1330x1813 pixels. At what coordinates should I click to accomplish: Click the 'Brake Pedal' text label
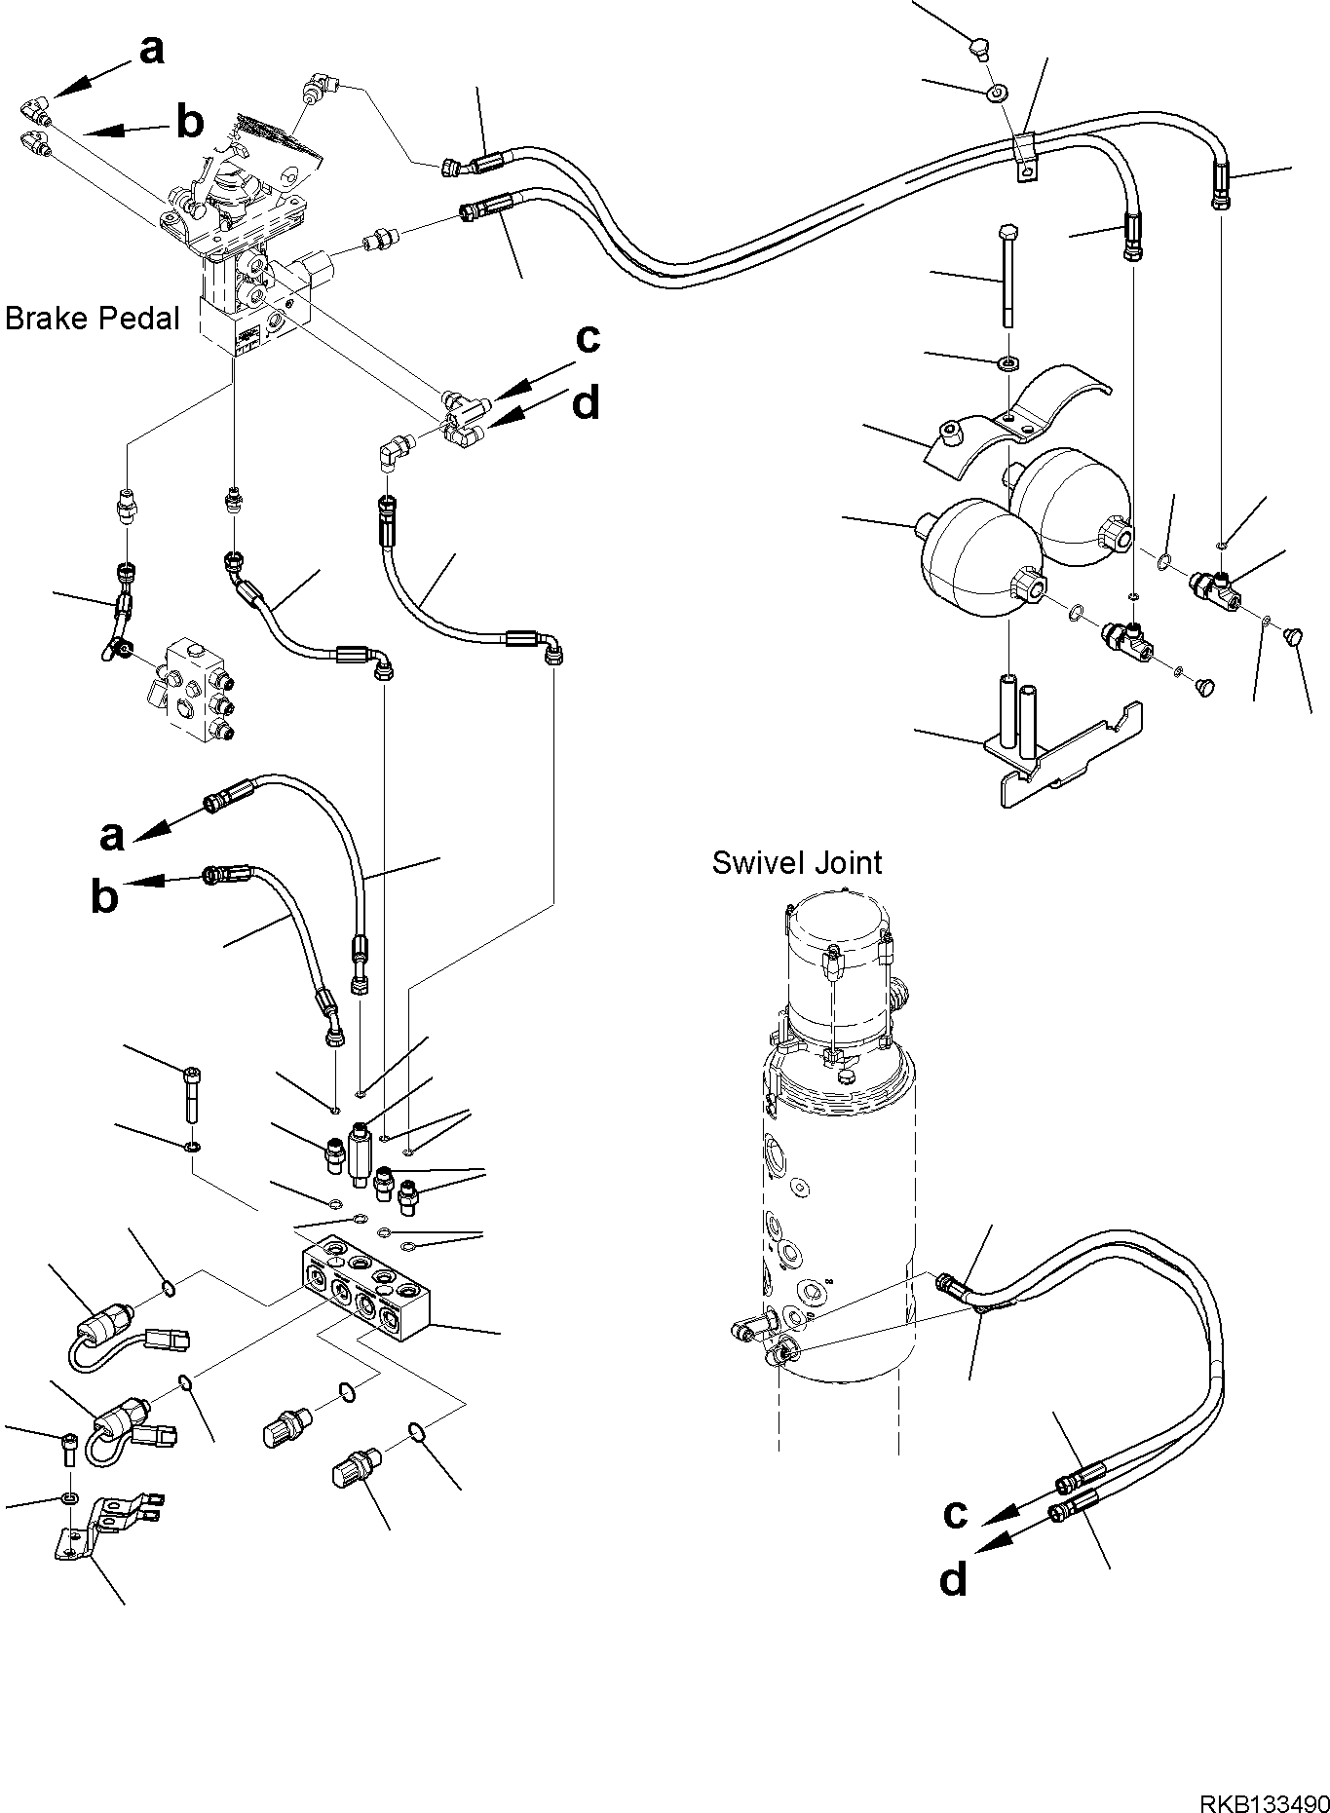coord(93,319)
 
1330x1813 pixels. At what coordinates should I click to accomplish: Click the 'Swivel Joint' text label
coord(796,862)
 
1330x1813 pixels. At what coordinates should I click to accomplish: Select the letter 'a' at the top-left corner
coord(152,50)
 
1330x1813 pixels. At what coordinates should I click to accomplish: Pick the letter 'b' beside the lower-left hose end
coord(104,897)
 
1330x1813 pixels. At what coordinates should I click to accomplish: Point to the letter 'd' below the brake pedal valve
coord(586,403)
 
